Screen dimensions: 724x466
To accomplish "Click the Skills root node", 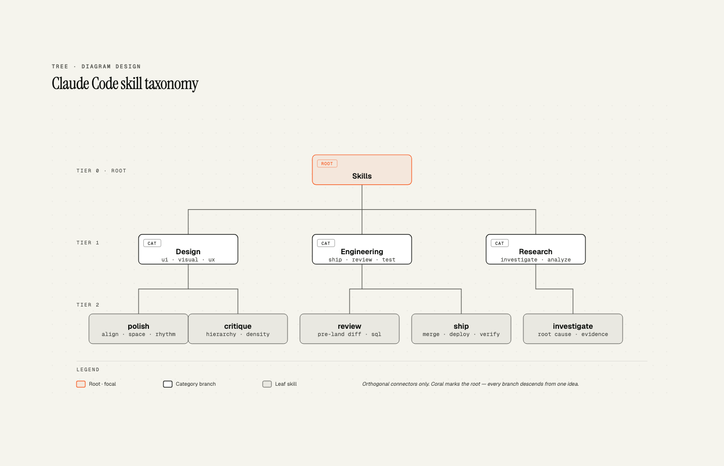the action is [x=361, y=170].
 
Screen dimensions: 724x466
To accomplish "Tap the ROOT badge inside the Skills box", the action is [x=327, y=164].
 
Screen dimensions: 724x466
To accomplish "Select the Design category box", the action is [x=188, y=249].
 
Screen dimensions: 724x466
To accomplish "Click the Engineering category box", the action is [x=361, y=249].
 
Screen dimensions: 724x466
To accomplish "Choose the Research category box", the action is [x=536, y=249].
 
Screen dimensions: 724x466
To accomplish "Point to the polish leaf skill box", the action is [x=139, y=329].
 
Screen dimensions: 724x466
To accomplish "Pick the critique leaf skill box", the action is [x=238, y=329].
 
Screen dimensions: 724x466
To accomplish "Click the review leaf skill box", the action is [x=350, y=329].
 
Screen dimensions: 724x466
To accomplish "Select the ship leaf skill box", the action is [x=461, y=329].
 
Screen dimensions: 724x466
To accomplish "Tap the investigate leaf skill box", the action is [x=573, y=329].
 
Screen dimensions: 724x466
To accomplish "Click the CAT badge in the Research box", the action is [x=500, y=243].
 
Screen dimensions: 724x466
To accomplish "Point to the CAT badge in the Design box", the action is [x=152, y=243].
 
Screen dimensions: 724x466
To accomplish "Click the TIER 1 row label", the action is [x=88, y=243].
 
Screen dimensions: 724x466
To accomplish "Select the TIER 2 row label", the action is [x=88, y=305].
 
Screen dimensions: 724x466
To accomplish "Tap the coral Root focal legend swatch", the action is [x=81, y=384].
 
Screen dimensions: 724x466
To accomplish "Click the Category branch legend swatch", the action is [x=168, y=384].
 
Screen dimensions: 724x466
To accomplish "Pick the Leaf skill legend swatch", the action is [x=267, y=384].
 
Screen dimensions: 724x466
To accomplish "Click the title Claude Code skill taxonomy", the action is [x=125, y=84].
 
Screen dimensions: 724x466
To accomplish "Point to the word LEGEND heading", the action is [x=88, y=370].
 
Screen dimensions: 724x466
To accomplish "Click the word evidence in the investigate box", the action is [x=595, y=334].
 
